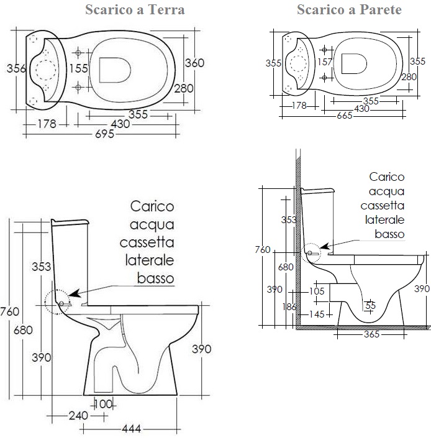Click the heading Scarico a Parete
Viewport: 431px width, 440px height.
coord(348,10)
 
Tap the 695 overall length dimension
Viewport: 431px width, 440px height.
coord(103,134)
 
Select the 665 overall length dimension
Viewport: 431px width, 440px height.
coord(345,116)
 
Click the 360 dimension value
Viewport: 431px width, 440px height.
coord(195,63)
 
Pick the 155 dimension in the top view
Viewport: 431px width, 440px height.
coord(78,68)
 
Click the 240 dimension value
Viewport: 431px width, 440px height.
coord(78,416)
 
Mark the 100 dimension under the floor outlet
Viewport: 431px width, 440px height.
coord(103,404)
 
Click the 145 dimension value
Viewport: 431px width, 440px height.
coord(316,314)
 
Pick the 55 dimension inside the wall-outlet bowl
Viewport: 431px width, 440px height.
coord(370,305)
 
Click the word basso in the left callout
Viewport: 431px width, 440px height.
coord(155,278)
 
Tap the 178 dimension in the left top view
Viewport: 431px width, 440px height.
coord(47,124)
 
